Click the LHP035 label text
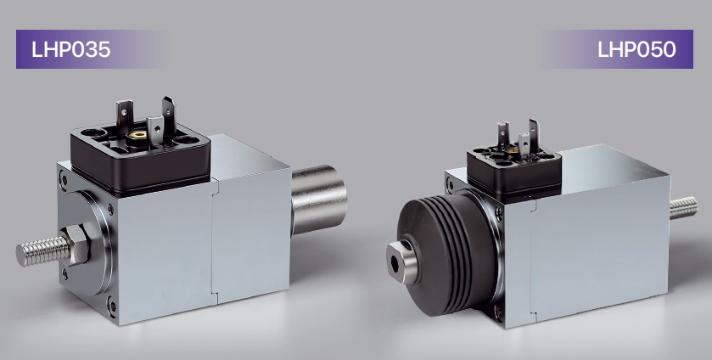coord(70,49)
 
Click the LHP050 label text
coord(636,49)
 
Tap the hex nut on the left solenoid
coord(77,245)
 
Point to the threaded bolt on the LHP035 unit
coord(43,251)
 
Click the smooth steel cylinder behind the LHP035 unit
coord(319,200)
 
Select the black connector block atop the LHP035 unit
coord(141,159)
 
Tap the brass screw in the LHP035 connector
coord(137,134)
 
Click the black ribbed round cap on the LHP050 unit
coord(447,252)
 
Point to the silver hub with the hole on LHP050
coord(403,262)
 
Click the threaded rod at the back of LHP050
coord(683,208)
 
